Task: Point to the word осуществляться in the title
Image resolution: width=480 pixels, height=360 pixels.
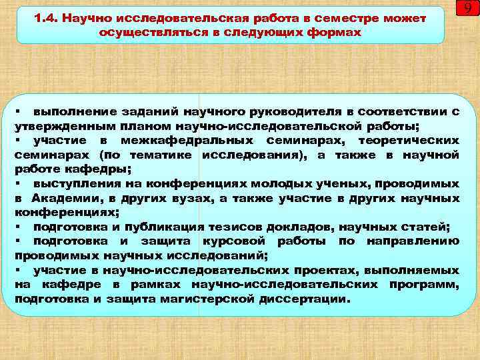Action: point(139,32)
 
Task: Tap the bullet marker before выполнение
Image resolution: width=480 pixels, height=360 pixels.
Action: point(21,111)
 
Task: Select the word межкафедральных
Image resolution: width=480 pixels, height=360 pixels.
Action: point(187,141)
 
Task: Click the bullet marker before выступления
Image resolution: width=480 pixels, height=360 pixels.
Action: point(21,183)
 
